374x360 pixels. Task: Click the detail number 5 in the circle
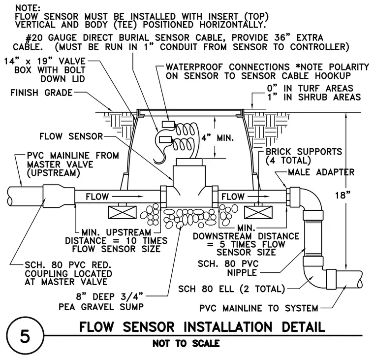[25, 337]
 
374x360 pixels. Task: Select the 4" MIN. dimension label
[217, 138]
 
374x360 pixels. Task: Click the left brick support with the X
[123, 212]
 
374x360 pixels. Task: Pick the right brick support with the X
[258, 212]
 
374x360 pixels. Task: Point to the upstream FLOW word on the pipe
[97, 196]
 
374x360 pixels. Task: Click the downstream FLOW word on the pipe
[233, 196]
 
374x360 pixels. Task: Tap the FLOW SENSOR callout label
[71, 136]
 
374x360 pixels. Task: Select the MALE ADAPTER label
[321, 172]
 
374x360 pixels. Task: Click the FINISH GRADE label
[41, 93]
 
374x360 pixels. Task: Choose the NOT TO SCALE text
[186, 344]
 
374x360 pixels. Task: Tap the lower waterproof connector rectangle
[165, 139]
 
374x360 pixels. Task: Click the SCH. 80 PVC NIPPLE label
[228, 268]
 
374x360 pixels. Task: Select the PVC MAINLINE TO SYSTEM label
[259, 308]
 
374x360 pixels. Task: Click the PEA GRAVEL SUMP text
[101, 307]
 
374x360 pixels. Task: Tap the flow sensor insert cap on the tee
[189, 162]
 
